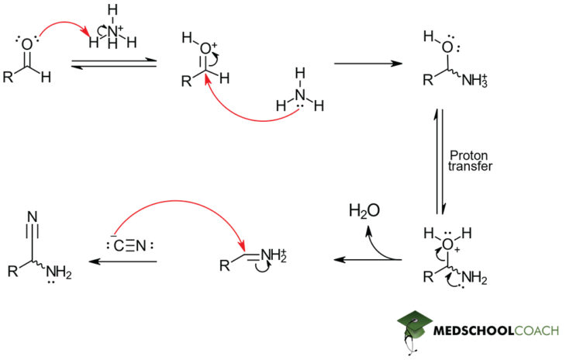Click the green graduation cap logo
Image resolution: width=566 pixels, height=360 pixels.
coord(420,329)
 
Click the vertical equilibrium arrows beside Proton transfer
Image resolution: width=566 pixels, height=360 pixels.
coord(442,161)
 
